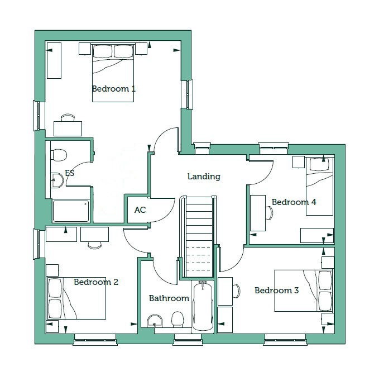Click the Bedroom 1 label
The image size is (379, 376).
(x=113, y=89)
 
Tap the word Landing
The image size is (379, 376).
(x=204, y=177)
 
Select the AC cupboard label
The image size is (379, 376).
(x=140, y=210)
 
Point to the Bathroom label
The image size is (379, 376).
(x=169, y=298)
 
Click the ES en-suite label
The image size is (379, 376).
(x=70, y=173)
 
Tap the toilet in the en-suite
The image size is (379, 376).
(x=59, y=155)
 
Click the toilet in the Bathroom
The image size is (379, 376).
(x=177, y=320)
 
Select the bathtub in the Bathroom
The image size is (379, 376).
(x=203, y=306)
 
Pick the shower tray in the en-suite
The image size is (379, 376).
(x=70, y=211)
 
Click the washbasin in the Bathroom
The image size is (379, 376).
(x=155, y=321)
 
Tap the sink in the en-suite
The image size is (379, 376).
(x=57, y=180)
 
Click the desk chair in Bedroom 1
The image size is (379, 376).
(x=68, y=117)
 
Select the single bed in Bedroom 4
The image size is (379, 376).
(x=319, y=186)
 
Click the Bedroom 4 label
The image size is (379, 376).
(x=294, y=202)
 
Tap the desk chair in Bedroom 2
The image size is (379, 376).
(x=94, y=245)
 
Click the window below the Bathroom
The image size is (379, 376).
(x=188, y=339)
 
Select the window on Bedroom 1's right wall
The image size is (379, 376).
(x=188, y=94)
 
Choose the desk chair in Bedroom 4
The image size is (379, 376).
(x=269, y=213)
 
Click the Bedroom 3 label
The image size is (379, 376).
(x=276, y=291)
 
